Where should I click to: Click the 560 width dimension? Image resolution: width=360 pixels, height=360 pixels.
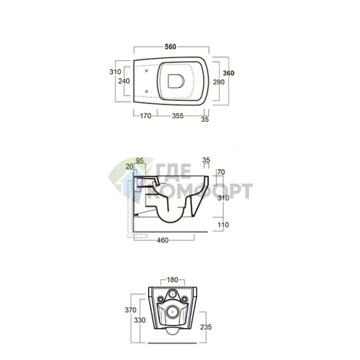click(171, 46)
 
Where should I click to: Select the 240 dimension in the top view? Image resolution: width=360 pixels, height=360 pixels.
click(124, 81)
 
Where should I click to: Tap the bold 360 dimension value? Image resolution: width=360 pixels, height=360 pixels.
click(229, 73)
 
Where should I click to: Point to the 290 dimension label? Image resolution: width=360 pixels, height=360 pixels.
click(218, 82)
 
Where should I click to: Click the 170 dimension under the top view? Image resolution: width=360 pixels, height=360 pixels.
click(145, 116)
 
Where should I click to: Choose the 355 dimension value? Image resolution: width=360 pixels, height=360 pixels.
click(178, 116)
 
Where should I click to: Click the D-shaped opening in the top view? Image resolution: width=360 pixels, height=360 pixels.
click(176, 81)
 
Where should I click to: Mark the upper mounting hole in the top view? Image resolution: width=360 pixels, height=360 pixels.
click(147, 71)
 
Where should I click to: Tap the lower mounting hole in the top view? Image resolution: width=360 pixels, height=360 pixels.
click(147, 91)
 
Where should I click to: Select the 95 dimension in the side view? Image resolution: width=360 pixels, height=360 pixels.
click(139, 160)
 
